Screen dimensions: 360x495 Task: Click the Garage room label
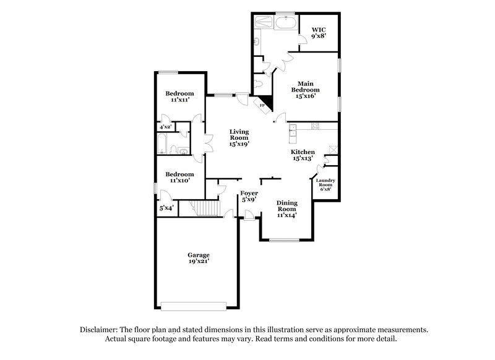[199, 255]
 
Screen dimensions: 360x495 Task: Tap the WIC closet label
[318, 29]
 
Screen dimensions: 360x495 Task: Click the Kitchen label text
[303, 152]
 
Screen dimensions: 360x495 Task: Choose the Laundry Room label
[326, 183]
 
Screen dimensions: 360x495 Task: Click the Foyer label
[249, 194]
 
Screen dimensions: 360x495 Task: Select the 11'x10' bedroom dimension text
[179, 181]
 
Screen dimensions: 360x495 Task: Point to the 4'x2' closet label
[165, 127]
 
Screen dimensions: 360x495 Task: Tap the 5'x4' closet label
[166, 208]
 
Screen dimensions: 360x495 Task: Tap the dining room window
[285, 239]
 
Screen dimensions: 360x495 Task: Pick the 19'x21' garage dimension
[199, 262]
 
